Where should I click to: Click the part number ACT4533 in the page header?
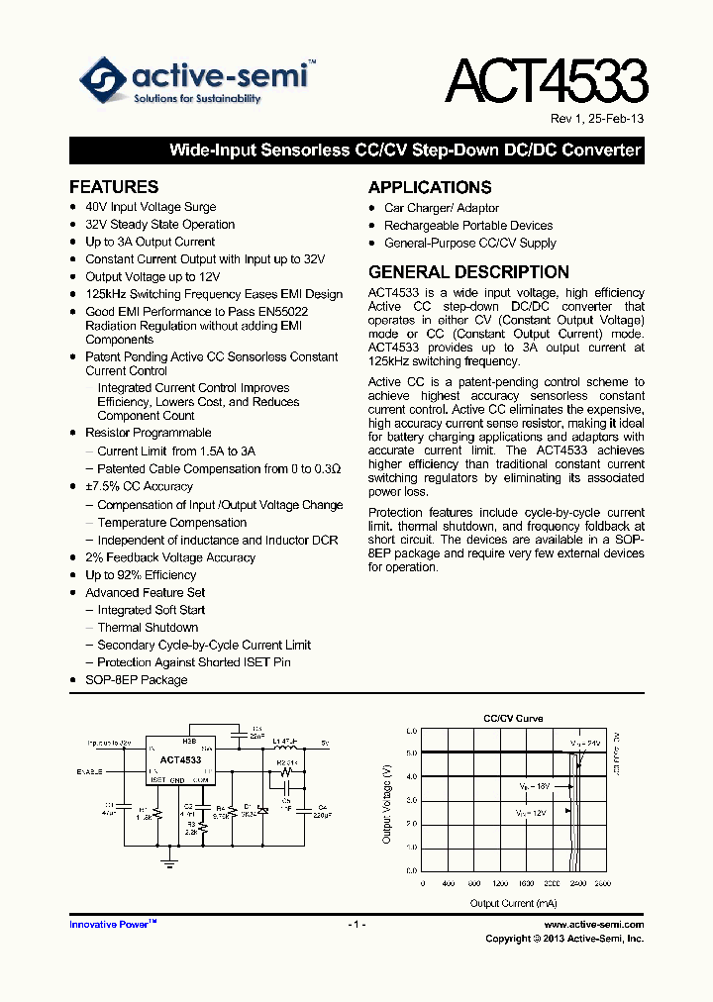click(x=546, y=82)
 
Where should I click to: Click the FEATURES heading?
click(x=114, y=186)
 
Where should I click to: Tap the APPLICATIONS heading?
click(x=430, y=187)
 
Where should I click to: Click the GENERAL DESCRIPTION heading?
click(x=468, y=271)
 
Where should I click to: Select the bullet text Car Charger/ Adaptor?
click(x=442, y=208)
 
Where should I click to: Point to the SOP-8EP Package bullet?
click(x=136, y=679)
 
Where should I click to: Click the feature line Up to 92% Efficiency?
click(x=141, y=574)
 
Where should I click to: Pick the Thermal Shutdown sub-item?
click(x=148, y=627)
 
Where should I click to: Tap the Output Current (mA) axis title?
click(x=512, y=902)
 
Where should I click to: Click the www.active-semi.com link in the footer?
click(x=594, y=924)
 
